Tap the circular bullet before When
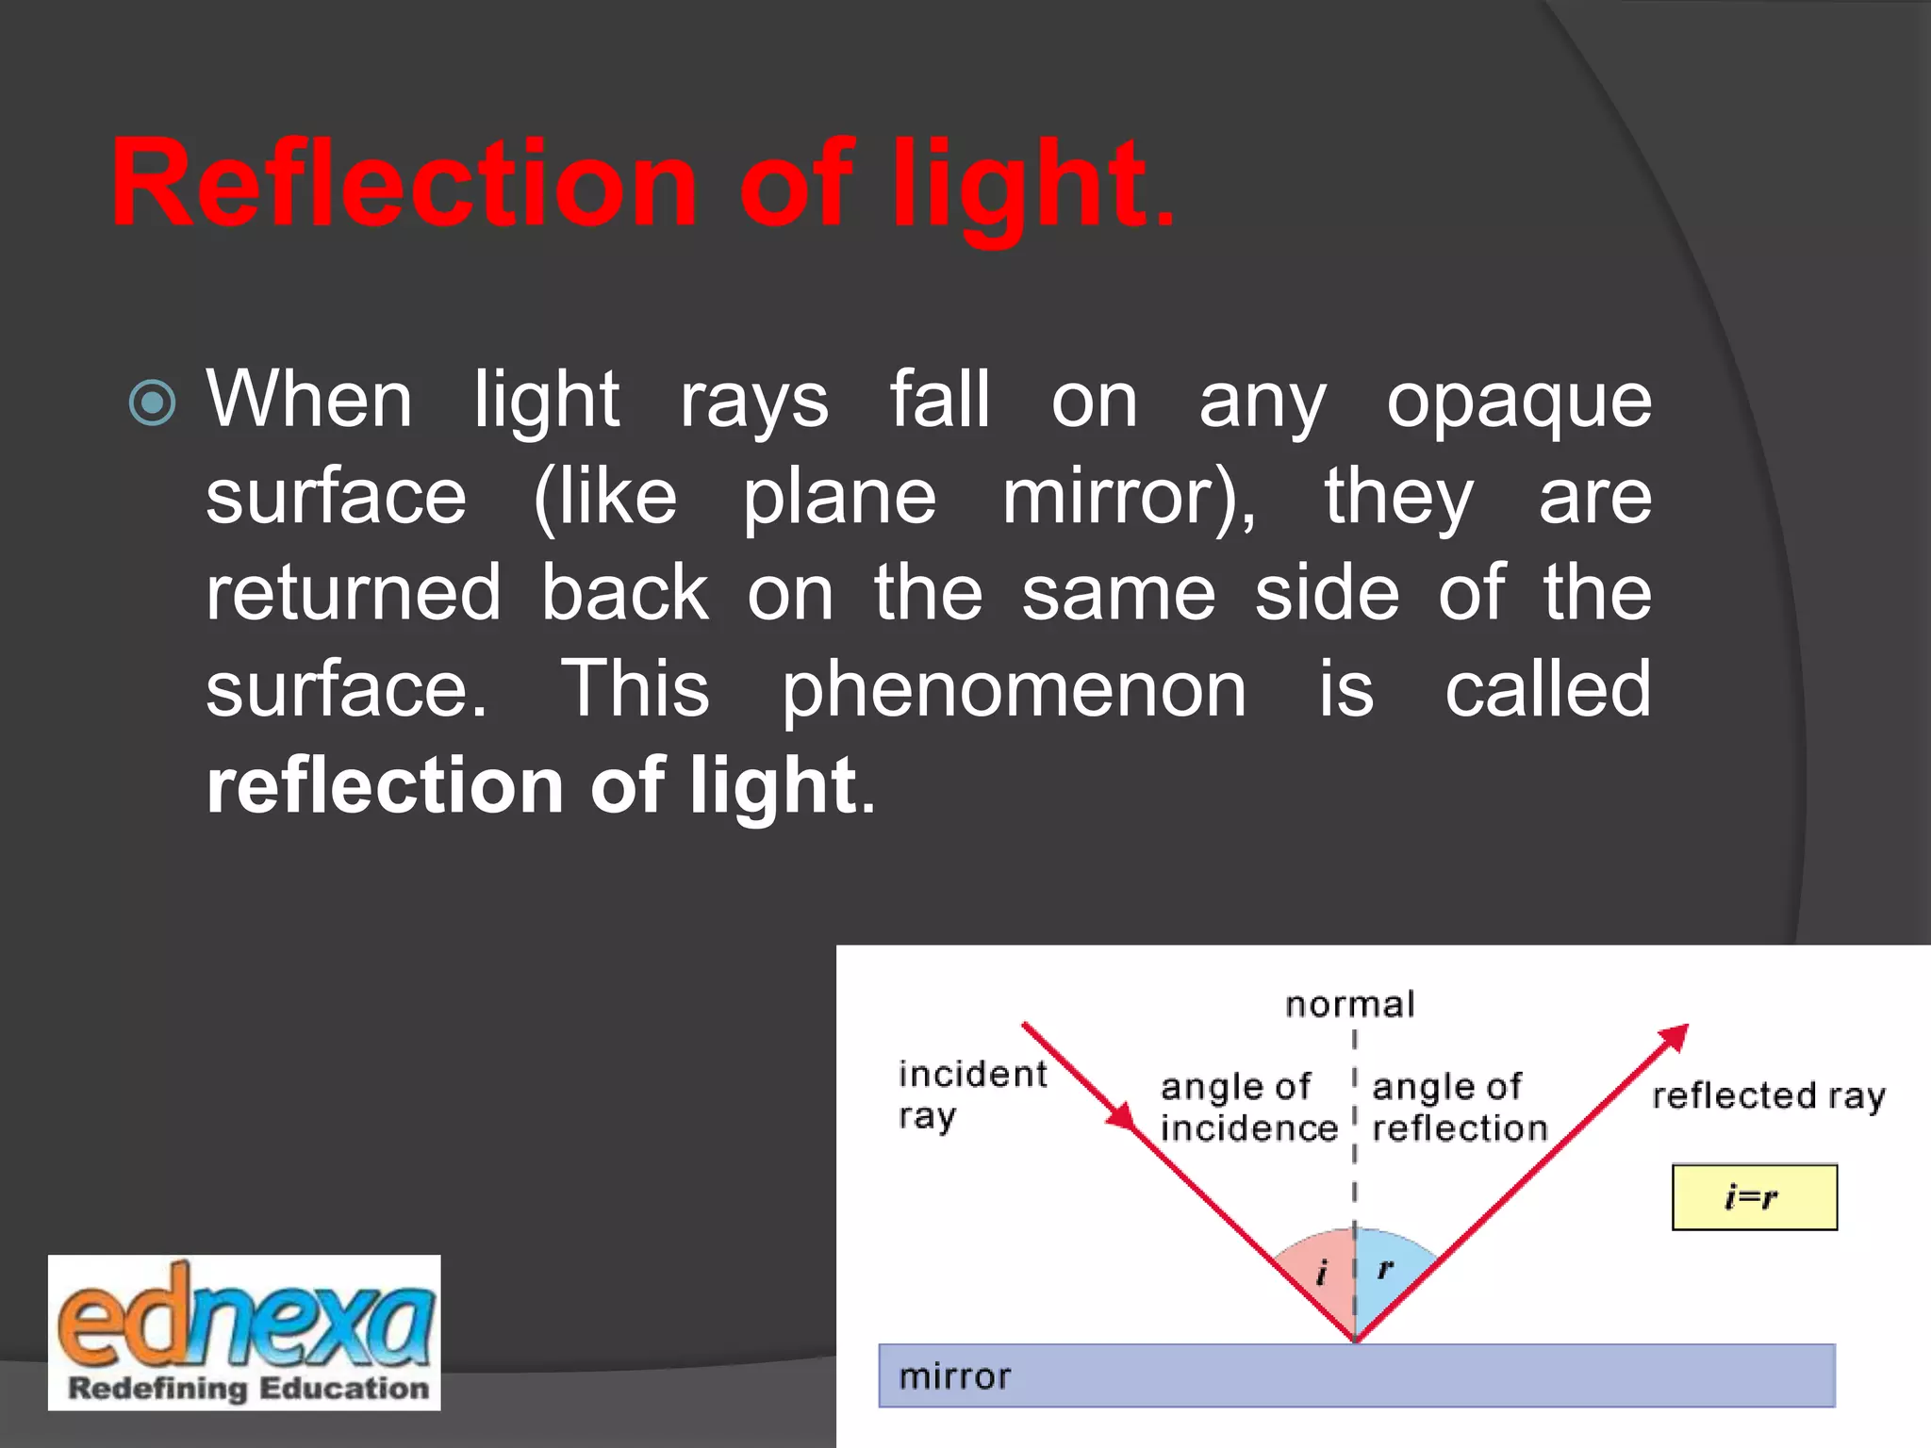coord(152,403)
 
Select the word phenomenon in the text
coord(1014,691)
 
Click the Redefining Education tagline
coord(248,1389)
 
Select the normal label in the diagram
coord(1349,1005)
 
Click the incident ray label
coord(971,1094)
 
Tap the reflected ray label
coord(1769,1096)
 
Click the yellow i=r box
coord(1754,1197)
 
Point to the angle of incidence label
coord(1247,1108)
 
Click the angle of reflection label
coord(1459,1108)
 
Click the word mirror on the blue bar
coord(954,1376)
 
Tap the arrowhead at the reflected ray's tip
coord(1674,1037)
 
